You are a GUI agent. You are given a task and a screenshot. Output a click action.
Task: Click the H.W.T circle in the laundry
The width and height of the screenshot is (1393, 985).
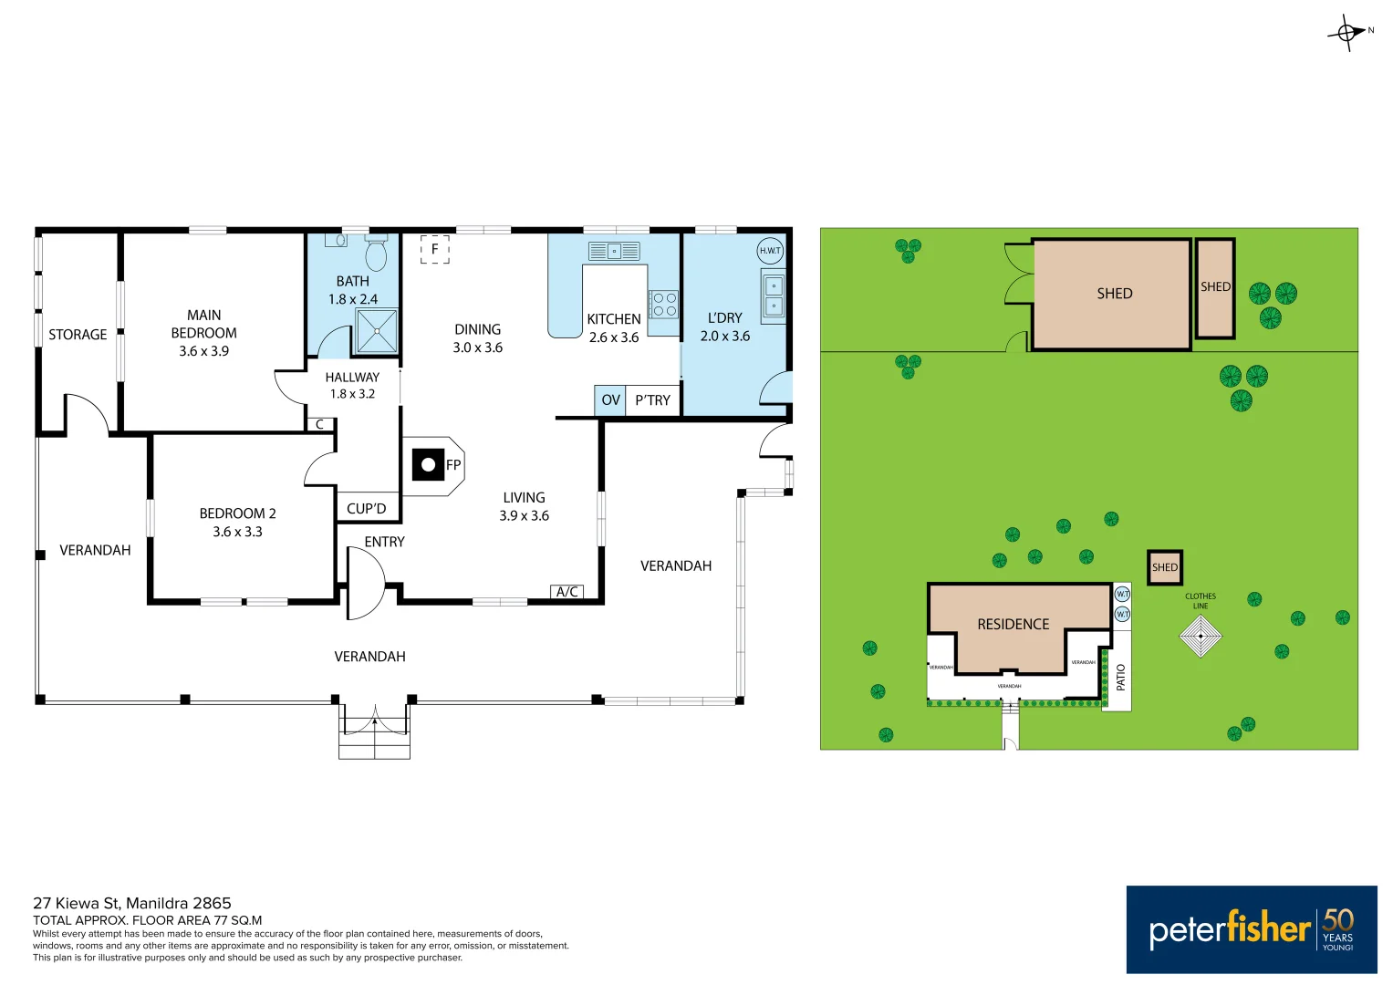coord(770,251)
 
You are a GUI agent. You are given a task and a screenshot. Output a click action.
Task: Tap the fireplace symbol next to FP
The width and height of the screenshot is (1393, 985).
coord(428,465)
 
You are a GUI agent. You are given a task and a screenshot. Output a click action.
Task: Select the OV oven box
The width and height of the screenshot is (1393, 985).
coord(610,400)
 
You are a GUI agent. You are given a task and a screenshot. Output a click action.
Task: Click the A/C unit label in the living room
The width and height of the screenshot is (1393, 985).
coord(567,592)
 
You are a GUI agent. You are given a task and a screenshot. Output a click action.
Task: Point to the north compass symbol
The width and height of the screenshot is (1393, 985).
coord(1347,33)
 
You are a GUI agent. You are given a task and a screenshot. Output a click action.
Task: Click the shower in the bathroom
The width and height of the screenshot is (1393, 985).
coord(377,331)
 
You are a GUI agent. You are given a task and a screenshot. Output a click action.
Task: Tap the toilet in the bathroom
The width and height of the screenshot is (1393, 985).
coord(376,253)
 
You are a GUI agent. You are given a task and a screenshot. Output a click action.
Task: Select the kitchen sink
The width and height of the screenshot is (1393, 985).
coord(614,251)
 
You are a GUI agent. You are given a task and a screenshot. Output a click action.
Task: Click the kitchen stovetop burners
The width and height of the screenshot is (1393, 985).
coord(664,305)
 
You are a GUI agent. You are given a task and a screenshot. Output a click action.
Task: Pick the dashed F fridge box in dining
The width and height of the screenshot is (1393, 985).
coord(435,249)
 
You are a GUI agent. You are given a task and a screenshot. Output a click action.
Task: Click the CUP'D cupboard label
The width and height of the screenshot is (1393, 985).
coord(367,509)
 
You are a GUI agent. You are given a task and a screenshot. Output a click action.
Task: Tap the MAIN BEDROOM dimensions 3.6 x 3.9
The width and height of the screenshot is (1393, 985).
coord(204,351)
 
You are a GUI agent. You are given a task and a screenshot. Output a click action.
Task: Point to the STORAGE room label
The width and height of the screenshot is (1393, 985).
coord(78,335)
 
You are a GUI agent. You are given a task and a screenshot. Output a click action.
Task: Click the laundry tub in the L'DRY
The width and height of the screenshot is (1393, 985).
coord(773,295)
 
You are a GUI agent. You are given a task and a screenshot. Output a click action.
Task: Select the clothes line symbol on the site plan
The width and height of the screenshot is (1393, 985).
coord(1201,636)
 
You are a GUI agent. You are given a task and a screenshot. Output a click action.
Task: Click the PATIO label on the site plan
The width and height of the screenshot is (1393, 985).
coord(1121,677)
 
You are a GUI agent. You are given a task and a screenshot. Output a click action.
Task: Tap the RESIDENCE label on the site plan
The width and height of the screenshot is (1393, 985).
coord(1013,625)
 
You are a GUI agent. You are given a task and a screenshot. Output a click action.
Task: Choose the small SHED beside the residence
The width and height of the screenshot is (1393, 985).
coord(1165,567)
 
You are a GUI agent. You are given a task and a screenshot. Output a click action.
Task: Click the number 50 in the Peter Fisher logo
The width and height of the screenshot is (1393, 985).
coord(1338,919)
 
